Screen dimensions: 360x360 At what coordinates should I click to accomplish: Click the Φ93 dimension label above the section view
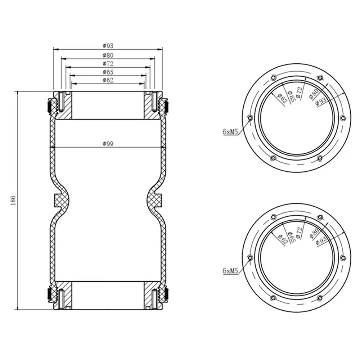coord(108,46)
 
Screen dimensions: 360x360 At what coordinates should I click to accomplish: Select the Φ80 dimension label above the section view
coord(108,55)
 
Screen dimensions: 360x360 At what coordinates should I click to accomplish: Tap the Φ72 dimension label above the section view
coord(108,64)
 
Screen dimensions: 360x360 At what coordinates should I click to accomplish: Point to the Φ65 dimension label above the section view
coord(108,72)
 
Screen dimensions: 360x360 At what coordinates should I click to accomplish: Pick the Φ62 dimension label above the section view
coord(108,80)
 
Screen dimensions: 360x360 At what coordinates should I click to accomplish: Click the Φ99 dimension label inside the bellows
coord(108,144)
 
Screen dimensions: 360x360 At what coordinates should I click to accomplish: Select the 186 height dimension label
coord(13,200)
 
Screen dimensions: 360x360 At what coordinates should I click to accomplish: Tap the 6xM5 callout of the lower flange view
coord(230,271)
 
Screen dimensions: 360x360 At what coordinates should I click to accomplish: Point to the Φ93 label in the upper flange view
coord(321,101)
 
